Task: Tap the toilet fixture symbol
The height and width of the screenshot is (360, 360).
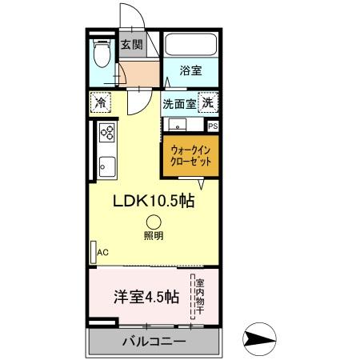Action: (x=101, y=54)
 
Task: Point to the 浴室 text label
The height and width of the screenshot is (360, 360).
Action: (x=190, y=70)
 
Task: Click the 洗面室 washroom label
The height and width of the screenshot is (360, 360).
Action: (x=179, y=104)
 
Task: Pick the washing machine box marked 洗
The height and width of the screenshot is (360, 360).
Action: (x=208, y=103)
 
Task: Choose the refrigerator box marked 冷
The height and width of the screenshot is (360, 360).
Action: (x=101, y=103)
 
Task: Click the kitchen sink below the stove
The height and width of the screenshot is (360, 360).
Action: (x=105, y=169)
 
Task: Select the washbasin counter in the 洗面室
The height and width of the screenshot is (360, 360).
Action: (x=178, y=125)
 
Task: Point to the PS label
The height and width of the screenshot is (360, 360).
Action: (x=213, y=126)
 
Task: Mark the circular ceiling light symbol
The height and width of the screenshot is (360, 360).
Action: (x=153, y=223)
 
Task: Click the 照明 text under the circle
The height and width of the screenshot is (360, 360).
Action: (x=153, y=236)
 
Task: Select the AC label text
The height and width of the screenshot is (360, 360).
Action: (x=102, y=251)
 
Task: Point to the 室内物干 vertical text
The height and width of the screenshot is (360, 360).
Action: (x=200, y=295)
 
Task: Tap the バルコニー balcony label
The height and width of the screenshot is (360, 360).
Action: (x=154, y=342)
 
